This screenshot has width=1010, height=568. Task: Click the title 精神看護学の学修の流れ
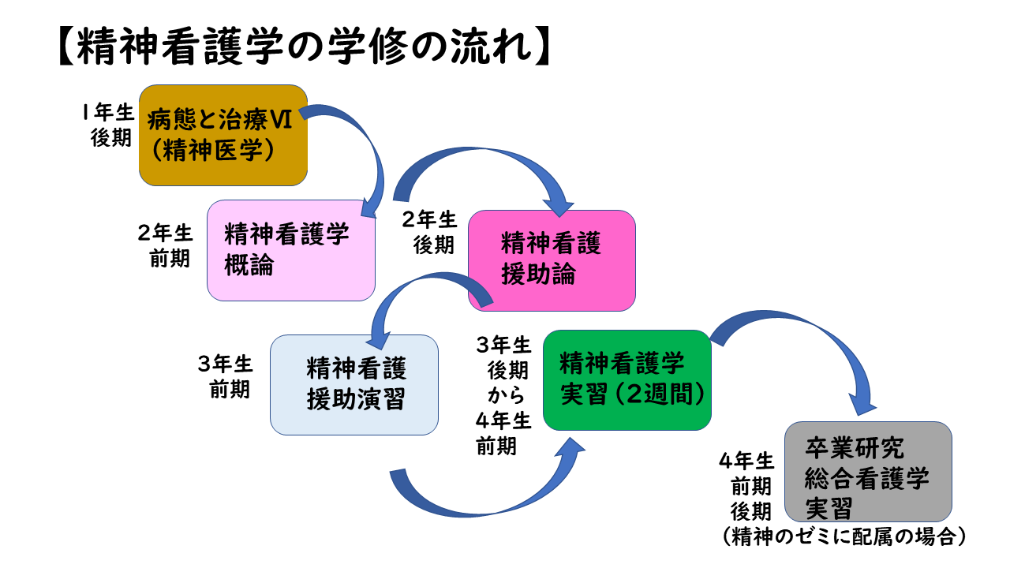(x=305, y=47)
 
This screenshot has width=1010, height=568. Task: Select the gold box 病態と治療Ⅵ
(x=223, y=135)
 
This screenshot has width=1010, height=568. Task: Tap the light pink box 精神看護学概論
(x=291, y=250)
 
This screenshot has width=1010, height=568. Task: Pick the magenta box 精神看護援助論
(x=552, y=260)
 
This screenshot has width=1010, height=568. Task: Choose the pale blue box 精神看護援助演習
(x=354, y=384)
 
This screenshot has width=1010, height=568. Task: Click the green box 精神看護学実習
(x=627, y=380)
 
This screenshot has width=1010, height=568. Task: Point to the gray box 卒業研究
(x=869, y=472)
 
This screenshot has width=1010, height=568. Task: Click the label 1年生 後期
(x=108, y=125)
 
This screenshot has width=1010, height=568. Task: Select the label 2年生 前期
(x=166, y=245)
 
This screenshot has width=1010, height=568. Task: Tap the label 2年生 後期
(x=430, y=233)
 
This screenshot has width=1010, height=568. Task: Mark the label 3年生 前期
(x=226, y=376)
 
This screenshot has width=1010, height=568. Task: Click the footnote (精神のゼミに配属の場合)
(x=844, y=536)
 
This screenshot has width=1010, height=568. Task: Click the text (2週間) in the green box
(x=659, y=394)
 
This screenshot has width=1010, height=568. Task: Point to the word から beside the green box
(x=506, y=395)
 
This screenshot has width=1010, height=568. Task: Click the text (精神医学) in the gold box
(x=213, y=150)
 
